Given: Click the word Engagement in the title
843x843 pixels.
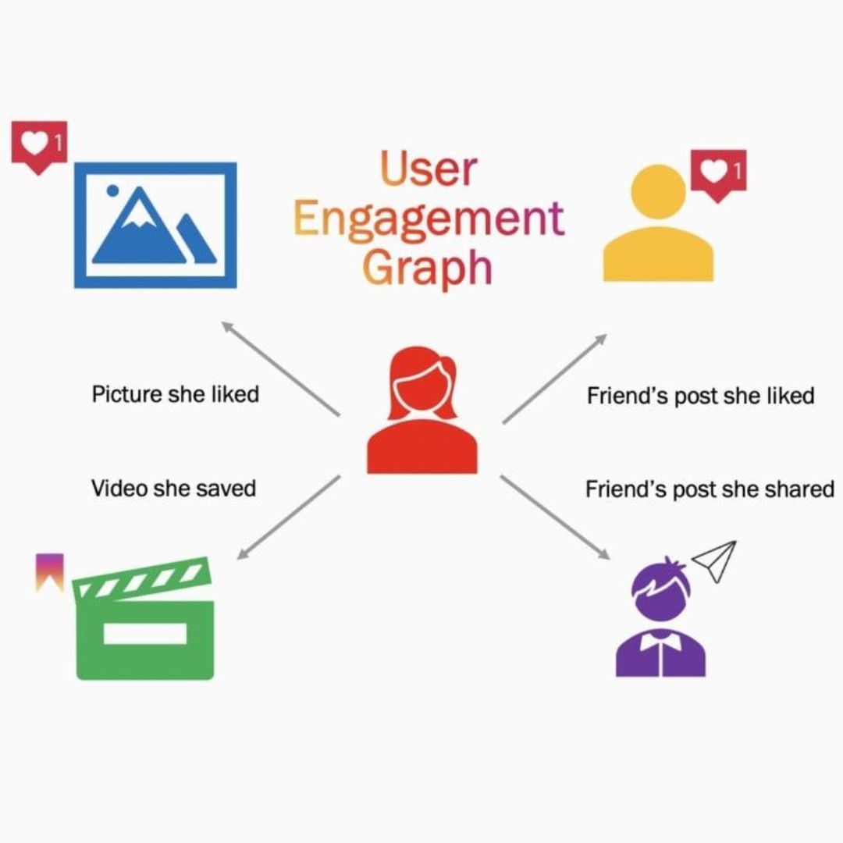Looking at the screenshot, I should (429, 219).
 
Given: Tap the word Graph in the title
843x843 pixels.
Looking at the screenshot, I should (429, 267).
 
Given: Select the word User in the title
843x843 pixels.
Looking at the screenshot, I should (429, 169).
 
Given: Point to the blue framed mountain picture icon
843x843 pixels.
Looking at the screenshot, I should (155, 225).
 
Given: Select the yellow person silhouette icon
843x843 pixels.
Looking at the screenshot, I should (658, 226).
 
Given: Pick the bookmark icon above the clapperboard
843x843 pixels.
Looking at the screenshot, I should (50, 572).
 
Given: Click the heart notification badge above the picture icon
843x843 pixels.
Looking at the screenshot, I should (39, 146).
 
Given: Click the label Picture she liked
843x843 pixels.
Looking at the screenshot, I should (175, 393).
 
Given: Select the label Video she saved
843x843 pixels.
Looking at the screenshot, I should (173, 489).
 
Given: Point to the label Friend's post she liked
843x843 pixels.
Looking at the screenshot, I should (700, 396).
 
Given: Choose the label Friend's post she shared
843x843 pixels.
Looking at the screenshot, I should (710, 489).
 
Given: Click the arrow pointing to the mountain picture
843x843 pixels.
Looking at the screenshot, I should (280, 368).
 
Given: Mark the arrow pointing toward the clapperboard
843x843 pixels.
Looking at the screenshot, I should (288, 518).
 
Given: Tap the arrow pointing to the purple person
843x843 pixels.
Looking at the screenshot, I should (555, 518).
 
